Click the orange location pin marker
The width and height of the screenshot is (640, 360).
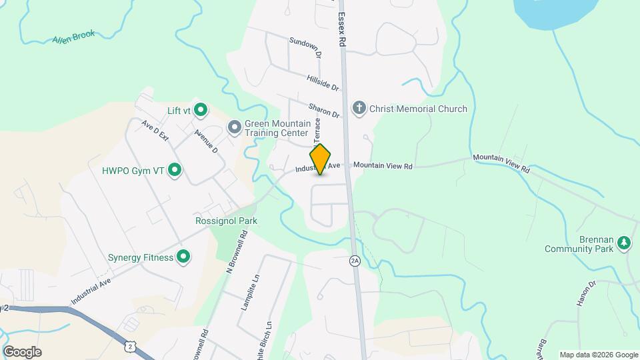point(321,159)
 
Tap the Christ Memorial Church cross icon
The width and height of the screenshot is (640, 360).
point(359,109)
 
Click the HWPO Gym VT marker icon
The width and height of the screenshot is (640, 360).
point(175,171)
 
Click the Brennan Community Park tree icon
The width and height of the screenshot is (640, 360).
point(624,243)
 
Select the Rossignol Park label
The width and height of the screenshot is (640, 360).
point(226,221)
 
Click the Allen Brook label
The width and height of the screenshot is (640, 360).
point(74,37)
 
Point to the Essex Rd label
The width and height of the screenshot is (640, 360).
point(342,29)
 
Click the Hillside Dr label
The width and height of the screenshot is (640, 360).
point(323,83)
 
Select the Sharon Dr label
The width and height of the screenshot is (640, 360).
point(325,111)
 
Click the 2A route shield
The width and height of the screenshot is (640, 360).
point(355,261)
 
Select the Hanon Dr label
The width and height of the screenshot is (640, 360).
point(585,294)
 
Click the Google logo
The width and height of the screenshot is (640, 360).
point(22,352)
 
